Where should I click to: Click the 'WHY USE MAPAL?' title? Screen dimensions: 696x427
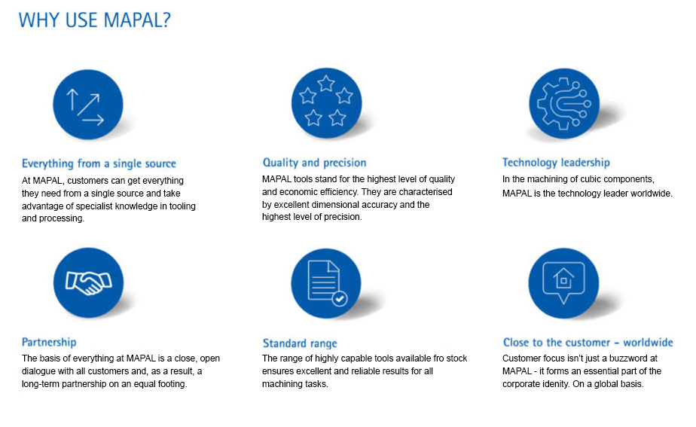(x=95, y=20)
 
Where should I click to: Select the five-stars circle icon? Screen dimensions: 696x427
(x=326, y=103)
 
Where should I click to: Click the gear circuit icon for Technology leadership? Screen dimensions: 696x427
(x=563, y=103)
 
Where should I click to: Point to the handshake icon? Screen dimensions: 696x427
(x=88, y=282)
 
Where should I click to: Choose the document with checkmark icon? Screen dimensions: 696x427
(x=326, y=283)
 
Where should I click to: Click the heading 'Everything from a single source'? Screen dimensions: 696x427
(x=99, y=163)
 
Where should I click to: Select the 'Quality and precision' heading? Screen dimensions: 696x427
(x=314, y=163)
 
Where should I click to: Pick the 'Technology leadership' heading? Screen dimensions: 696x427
(x=556, y=163)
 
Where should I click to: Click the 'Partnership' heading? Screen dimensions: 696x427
(x=49, y=342)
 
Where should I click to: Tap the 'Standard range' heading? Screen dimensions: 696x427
(x=300, y=343)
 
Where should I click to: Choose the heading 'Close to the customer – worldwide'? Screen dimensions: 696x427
(x=588, y=343)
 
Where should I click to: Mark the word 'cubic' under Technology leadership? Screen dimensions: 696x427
(x=601, y=179)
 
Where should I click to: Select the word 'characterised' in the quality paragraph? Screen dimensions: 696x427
(x=426, y=192)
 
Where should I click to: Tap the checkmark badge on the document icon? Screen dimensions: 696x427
(x=340, y=299)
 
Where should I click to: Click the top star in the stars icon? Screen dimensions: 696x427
(x=326, y=83)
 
